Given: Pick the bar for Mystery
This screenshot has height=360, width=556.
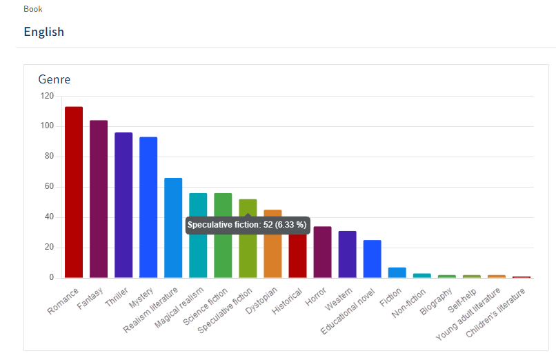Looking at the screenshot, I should [x=148, y=207].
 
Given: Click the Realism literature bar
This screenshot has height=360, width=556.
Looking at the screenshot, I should [x=173, y=228].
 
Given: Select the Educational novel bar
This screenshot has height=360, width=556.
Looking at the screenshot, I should [x=372, y=259].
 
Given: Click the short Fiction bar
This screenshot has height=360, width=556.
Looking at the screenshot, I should [x=397, y=272].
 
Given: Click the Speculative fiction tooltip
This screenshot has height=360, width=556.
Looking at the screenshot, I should [x=247, y=225].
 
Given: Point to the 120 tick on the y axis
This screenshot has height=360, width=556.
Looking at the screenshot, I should [x=47, y=96].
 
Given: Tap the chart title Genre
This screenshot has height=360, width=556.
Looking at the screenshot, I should [x=54, y=79].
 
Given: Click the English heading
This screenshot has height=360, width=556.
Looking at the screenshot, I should [x=43, y=32].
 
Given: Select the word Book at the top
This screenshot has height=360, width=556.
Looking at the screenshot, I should [x=33, y=9].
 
